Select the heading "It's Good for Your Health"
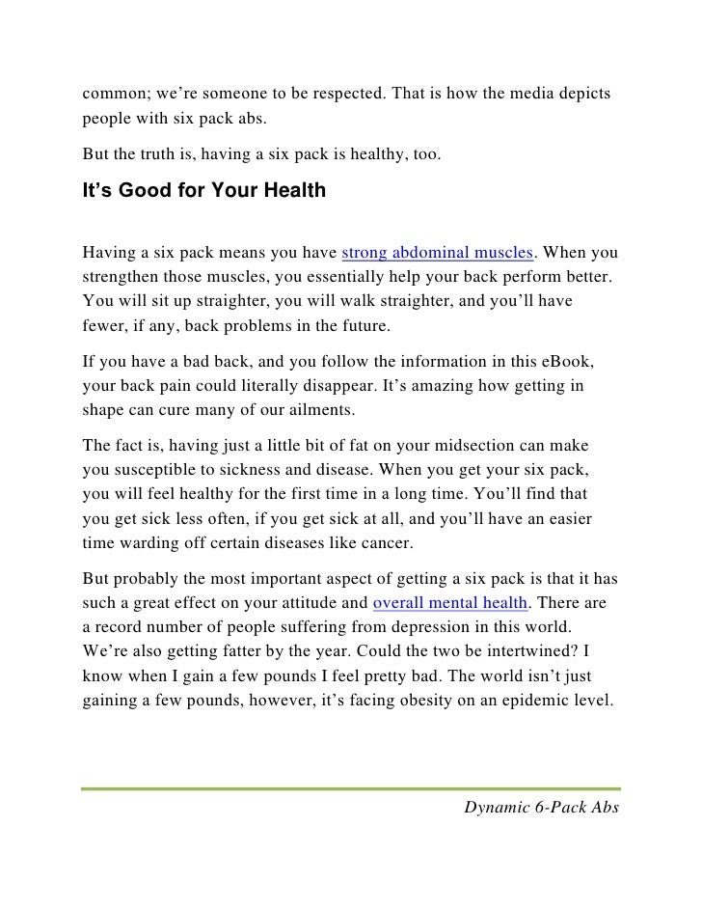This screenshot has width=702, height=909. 203,190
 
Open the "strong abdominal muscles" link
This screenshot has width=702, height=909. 438,254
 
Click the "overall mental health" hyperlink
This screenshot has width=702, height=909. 449,602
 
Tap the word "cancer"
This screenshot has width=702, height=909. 383,543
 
